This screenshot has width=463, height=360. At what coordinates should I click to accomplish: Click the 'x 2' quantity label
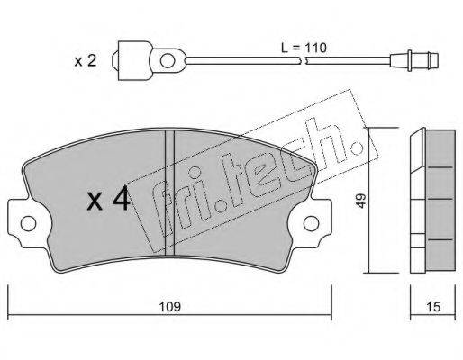tap(86, 61)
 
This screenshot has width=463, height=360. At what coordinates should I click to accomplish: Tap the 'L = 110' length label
tap(304, 48)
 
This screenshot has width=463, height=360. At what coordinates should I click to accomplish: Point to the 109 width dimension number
tap(170, 307)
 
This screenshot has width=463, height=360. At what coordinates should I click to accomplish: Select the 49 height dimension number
tap(361, 201)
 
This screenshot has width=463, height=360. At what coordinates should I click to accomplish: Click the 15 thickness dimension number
tap(432, 307)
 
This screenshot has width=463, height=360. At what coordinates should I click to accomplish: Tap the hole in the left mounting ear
tap(29, 224)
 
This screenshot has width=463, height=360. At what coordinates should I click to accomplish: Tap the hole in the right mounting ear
tap(311, 224)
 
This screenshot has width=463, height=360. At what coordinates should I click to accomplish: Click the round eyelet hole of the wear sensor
tap(168, 61)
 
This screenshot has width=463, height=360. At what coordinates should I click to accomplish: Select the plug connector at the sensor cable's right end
tap(414, 61)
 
